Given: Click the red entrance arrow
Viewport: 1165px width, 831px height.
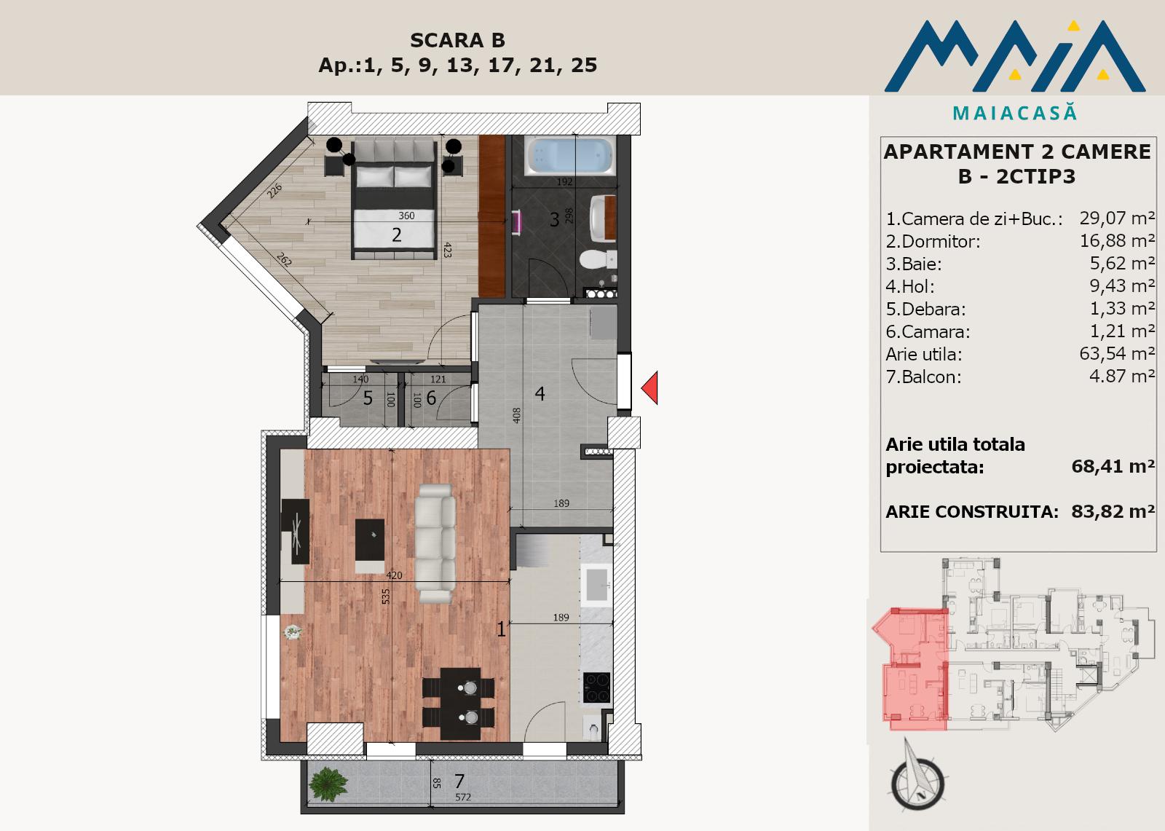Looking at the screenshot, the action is (651, 387).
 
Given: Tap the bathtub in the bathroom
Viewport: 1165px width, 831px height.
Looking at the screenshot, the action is (569, 156).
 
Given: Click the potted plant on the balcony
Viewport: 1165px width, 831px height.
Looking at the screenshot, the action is (328, 784).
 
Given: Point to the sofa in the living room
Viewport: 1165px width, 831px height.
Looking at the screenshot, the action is (435, 544).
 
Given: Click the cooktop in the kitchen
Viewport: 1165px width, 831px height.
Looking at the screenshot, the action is (596, 688).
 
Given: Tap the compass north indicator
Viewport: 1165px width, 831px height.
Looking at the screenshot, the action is (917, 776).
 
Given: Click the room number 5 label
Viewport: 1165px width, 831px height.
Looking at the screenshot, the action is (368, 398).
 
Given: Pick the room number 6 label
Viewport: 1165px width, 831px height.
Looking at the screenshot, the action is (431, 398).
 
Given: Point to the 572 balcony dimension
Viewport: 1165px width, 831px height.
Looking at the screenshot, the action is (463, 797).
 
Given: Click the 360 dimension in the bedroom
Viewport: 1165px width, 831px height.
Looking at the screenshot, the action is (407, 216).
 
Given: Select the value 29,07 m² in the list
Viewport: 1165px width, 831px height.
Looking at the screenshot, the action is (1117, 218).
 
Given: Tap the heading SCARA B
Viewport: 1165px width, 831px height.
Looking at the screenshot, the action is (458, 40).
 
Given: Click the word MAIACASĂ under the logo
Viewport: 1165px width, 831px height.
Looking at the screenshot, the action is (1015, 113).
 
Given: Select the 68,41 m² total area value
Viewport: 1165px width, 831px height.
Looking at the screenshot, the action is (1113, 466).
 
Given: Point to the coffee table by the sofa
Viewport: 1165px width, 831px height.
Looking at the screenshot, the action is (370, 540).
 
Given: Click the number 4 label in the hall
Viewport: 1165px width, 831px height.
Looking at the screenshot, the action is (540, 394).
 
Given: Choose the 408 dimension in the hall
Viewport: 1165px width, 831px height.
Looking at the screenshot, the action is (516, 414).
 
